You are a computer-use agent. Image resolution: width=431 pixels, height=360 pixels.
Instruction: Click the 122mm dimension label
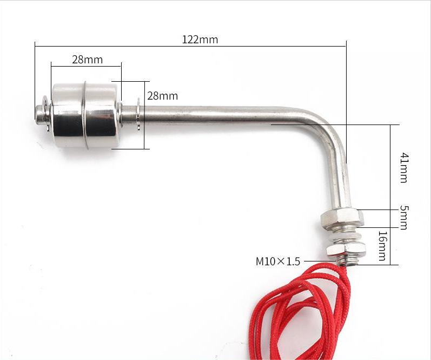200,39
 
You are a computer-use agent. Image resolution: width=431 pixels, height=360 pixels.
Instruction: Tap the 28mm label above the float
87,60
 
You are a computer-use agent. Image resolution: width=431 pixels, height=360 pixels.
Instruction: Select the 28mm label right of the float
162,96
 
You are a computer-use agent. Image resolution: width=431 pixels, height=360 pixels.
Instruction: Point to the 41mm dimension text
404,167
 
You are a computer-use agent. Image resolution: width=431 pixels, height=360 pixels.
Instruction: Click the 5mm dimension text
404,216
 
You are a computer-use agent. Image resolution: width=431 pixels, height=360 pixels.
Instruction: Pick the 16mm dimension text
382,246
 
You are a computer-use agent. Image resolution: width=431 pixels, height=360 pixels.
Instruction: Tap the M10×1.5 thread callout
277,261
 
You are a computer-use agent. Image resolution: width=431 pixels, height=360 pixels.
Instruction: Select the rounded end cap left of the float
40,113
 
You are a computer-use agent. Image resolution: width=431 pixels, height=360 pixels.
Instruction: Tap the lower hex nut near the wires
346,250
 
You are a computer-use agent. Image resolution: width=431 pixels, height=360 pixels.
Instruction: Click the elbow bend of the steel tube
325,122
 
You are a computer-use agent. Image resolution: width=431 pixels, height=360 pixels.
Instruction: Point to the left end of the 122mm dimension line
35,47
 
